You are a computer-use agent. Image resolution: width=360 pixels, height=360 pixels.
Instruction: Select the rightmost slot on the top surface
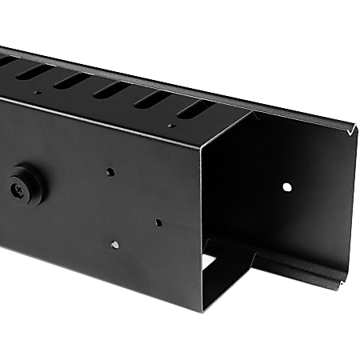point(194,110)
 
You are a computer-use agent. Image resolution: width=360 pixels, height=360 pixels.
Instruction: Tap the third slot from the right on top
point(111,90)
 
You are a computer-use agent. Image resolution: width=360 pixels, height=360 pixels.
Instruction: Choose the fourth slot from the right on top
point(72,81)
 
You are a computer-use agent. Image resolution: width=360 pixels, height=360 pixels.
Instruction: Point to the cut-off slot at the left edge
point(6,62)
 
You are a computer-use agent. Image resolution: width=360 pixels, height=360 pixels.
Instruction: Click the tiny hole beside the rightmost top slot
point(171,125)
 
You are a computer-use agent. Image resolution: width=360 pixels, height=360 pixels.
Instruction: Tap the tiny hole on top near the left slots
point(38,92)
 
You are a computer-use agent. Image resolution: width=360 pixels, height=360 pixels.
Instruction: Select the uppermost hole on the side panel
point(110,171)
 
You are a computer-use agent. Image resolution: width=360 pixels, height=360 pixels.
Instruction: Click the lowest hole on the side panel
point(114,245)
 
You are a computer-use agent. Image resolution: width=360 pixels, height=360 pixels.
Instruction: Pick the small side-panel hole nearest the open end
point(158,223)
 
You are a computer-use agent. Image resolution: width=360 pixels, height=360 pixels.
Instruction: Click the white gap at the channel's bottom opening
point(210,260)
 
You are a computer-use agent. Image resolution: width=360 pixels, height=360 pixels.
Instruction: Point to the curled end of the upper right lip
point(350,128)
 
